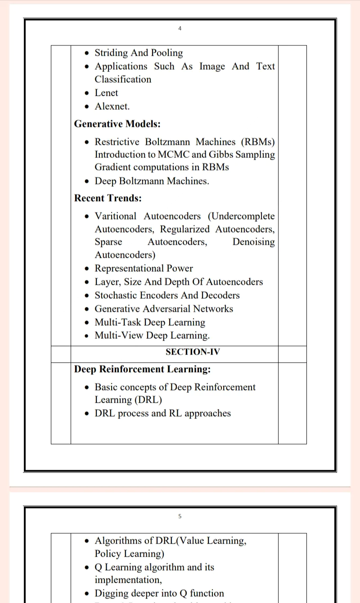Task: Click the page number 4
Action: (x=180, y=28)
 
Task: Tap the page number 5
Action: (x=180, y=516)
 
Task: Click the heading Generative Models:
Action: (x=117, y=124)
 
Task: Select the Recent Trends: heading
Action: (x=108, y=198)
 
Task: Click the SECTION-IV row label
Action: (x=193, y=352)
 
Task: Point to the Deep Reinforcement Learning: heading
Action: (x=142, y=369)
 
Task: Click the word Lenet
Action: (x=106, y=93)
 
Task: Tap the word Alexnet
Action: (x=112, y=107)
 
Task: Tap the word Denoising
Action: (x=253, y=242)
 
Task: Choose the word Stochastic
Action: (x=116, y=296)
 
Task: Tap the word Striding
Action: (x=111, y=53)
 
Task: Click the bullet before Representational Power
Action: (x=87, y=269)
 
